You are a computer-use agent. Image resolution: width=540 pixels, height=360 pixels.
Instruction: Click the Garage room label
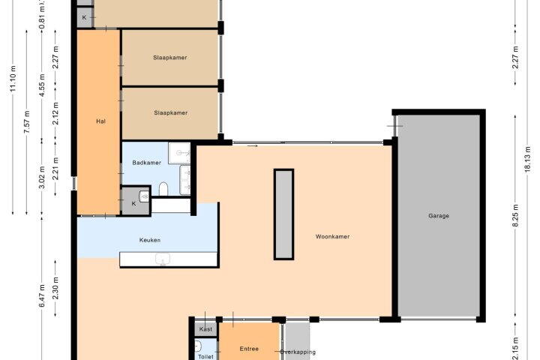(x=439, y=216)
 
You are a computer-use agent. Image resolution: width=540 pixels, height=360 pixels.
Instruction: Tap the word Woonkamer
(x=332, y=236)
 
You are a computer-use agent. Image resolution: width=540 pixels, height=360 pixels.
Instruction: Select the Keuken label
(x=150, y=240)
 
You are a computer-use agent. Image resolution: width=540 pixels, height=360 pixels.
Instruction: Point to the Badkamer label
(x=147, y=163)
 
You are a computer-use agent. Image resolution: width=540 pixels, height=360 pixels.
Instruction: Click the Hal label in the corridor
(x=100, y=121)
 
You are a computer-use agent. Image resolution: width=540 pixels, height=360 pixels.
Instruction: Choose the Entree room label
(x=249, y=349)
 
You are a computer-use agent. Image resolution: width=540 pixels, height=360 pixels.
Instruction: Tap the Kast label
(x=205, y=329)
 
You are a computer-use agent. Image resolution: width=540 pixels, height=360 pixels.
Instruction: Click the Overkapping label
(x=298, y=352)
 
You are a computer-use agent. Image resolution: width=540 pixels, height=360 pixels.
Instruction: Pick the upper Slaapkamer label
(x=170, y=58)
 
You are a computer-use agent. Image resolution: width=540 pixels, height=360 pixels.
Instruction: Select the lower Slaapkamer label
(x=171, y=112)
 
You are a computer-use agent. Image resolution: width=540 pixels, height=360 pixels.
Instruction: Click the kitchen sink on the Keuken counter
(x=162, y=259)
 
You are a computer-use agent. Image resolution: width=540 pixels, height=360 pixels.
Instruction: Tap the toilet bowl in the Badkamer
(x=163, y=189)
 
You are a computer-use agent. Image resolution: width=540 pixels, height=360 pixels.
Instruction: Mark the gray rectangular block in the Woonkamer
(x=283, y=214)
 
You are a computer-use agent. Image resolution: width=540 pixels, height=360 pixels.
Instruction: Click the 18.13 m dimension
(x=528, y=159)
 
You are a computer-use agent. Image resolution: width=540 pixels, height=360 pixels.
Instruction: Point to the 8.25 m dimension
(x=515, y=216)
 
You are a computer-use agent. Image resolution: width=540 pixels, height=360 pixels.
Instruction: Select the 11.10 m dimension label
(x=13, y=78)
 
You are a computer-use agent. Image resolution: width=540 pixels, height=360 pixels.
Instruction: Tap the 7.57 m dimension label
(x=27, y=122)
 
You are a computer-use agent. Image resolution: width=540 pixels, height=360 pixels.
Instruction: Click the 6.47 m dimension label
(x=42, y=295)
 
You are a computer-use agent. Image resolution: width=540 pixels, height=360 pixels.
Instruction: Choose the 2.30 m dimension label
(x=55, y=288)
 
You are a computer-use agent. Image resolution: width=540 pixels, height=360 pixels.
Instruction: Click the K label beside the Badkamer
(x=133, y=203)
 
